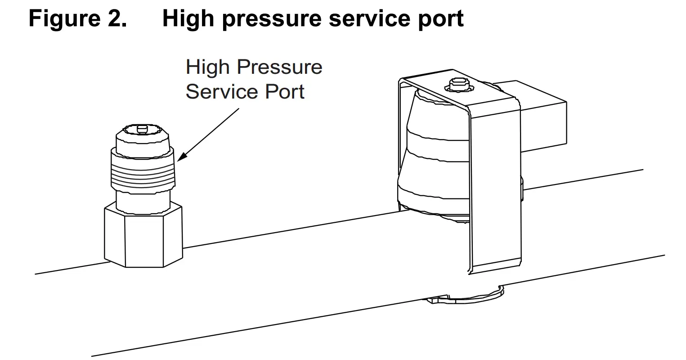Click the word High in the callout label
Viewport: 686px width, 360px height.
(x=208, y=67)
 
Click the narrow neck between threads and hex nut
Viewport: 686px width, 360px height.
(x=143, y=199)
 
